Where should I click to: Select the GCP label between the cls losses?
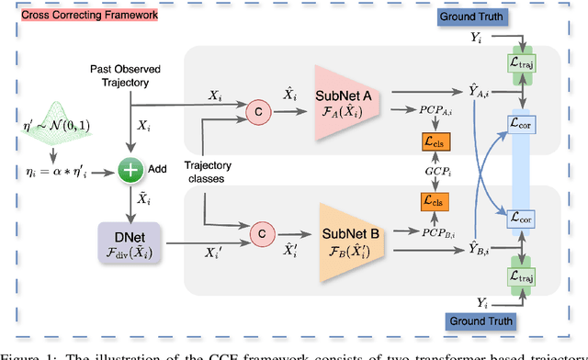(429, 172)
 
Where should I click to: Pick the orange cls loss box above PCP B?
(429, 200)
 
